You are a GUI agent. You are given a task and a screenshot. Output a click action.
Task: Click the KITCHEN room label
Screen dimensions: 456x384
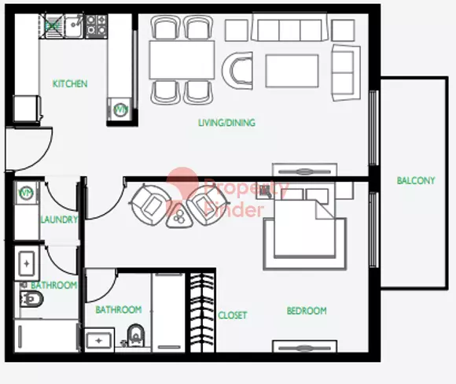[x=70, y=84]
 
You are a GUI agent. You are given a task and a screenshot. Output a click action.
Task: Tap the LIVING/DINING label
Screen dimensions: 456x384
[x=227, y=123]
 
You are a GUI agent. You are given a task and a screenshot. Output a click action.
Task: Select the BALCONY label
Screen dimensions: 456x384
[x=416, y=180]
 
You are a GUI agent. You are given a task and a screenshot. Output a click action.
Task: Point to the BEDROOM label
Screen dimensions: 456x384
[x=307, y=311]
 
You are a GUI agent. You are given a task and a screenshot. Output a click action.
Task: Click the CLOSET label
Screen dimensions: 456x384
[x=233, y=315]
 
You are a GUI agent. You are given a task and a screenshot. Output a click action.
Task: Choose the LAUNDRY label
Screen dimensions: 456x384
[x=59, y=220]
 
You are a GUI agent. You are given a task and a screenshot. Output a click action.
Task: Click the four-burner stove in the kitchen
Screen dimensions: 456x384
[x=97, y=27]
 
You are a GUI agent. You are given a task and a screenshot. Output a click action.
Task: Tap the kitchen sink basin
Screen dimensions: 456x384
[x=73, y=27]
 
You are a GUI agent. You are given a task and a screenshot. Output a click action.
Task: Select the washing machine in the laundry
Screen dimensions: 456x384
[x=27, y=193]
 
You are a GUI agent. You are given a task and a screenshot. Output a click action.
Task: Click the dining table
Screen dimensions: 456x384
[x=182, y=60]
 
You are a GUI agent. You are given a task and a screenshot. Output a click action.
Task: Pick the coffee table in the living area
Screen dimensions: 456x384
[x=292, y=71]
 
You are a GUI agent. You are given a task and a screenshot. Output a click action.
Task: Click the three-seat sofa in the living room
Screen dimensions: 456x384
[x=289, y=27]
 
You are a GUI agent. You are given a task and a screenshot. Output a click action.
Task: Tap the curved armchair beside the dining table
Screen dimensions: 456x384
[x=237, y=71]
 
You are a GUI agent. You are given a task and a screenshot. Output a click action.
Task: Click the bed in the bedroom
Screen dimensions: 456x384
[x=304, y=227]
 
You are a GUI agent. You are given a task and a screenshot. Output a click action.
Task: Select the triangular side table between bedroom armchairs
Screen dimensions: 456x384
[x=179, y=216]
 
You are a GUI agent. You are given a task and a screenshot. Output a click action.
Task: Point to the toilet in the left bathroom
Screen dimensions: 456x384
[x=31, y=299]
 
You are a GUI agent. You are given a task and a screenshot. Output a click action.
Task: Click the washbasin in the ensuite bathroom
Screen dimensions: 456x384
[x=99, y=340]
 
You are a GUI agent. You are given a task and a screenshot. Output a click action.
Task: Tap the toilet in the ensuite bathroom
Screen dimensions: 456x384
[x=136, y=335]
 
